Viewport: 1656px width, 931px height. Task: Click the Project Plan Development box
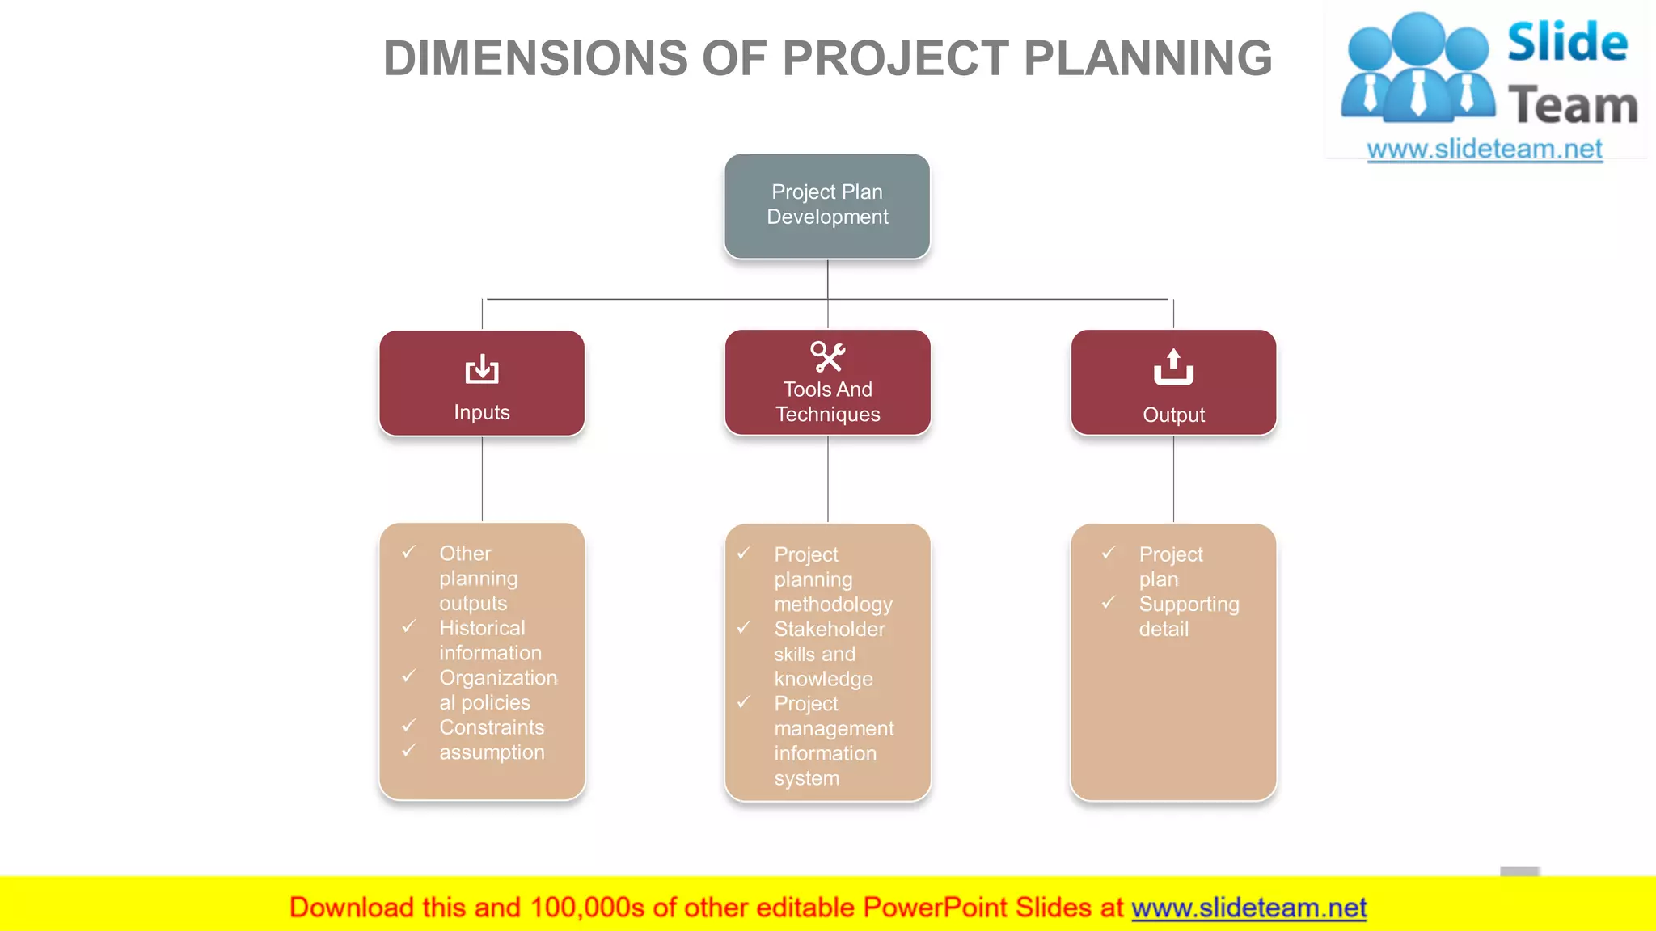pyautogui.click(x=827, y=205)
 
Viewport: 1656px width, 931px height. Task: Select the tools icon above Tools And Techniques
pyautogui.click(x=827, y=356)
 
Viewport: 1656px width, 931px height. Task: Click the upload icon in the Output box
pyautogui.click(x=1173, y=367)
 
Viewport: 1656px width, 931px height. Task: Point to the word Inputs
pyautogui.click(x=482, y=412)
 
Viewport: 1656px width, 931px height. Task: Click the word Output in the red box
pyautogui.click(x=1173, y=415)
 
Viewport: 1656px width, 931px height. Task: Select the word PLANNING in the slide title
pyautogui.click(x=1148, y=58)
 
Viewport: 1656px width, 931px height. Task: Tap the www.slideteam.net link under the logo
pyautogui.click(x=1485, y=149)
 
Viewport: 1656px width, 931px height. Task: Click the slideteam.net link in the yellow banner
pyautogui.click(x=1248, y=908)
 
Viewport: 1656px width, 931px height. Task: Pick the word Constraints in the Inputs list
pyautogui.click(x=492, y=727)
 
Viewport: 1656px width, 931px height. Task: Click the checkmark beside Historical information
pyautogui.click(x=409, y=627)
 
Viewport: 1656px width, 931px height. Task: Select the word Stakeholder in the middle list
pyautogui.click(x=830, y=629)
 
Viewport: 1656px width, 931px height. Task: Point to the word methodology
pyautogui.click(x=833, y=604)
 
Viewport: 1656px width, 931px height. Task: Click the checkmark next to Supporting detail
pyautogui.click(x=1109, y=603)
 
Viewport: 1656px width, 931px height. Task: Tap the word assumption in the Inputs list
pyautogui.click(x=492, y=752)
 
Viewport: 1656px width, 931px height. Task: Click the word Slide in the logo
pyautogui.click(x=1567, y=42)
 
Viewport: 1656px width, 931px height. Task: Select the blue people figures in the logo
pyautogui.click(x=1417, y=69)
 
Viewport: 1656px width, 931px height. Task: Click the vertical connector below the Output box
pyautogui.click(x=1173, y=478)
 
